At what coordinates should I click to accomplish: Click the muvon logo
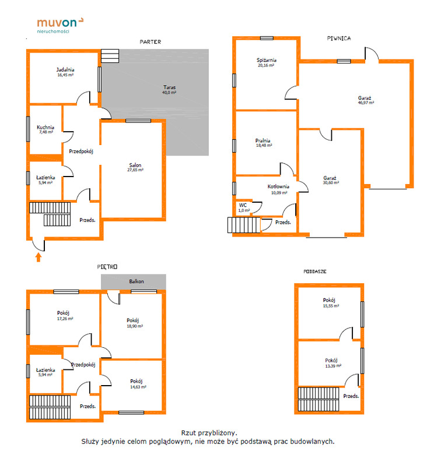(60, 26)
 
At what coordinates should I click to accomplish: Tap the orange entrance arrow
(38, 257)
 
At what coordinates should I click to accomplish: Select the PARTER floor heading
(150, 42)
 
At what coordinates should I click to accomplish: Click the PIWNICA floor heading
(339, 38)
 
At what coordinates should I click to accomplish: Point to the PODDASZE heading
(314, 271)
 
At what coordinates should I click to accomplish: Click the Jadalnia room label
(65, 70)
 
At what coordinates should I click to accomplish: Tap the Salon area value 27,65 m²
(135, 170)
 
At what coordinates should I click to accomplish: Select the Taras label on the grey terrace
(169, 87)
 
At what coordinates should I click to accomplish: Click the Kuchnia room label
(45, 127)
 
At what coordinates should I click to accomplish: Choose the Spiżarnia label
(267, 60)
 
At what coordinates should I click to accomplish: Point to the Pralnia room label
(263, 140)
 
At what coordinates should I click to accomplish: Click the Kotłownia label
(278, 186)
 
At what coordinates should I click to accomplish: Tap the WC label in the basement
(243, 205)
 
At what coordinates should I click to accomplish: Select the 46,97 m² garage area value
(366, 103)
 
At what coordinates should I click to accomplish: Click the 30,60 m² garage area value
(331, 183)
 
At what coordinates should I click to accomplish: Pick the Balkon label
(136, 281)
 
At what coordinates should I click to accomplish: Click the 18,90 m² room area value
(135, 326)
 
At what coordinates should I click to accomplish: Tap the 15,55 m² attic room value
(331, 306)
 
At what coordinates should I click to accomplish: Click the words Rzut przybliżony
(209, 433)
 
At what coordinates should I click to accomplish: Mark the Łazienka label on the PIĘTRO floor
(45, 370)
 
